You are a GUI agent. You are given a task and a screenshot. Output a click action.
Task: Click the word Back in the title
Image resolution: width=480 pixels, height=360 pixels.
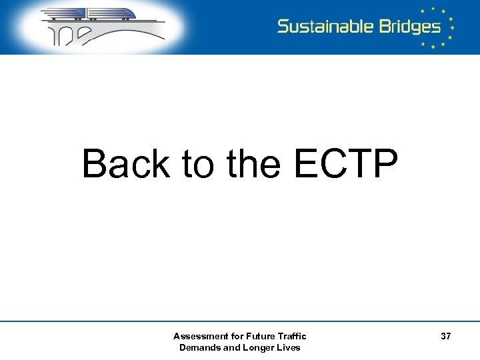[126, 164]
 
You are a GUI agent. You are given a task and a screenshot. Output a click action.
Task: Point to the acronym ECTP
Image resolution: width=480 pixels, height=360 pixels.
[346, 164]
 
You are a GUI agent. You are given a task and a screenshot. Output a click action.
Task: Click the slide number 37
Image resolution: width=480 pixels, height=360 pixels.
[445, 337]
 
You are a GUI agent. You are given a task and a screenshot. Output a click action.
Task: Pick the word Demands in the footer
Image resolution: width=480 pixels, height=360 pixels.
[198, 347]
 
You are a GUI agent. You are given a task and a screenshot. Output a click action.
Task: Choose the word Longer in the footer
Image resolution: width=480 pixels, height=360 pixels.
[255, 347]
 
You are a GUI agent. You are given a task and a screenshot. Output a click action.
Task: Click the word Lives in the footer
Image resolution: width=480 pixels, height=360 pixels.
[288, 347]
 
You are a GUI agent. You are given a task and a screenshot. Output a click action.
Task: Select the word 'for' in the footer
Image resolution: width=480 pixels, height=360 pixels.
[232, 337]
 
